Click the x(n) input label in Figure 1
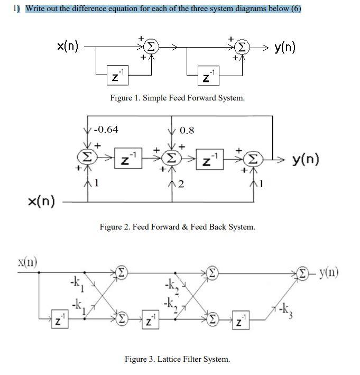(68, 47)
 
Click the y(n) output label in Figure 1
(285, 47)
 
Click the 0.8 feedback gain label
(187, 130)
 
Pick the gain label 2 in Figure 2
(181, 184)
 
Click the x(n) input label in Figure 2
(41, 202)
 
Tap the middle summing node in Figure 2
(171, 159)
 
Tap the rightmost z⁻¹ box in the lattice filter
(241, 319)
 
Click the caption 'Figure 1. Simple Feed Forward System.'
(177, 98)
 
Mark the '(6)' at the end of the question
(296, 8)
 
